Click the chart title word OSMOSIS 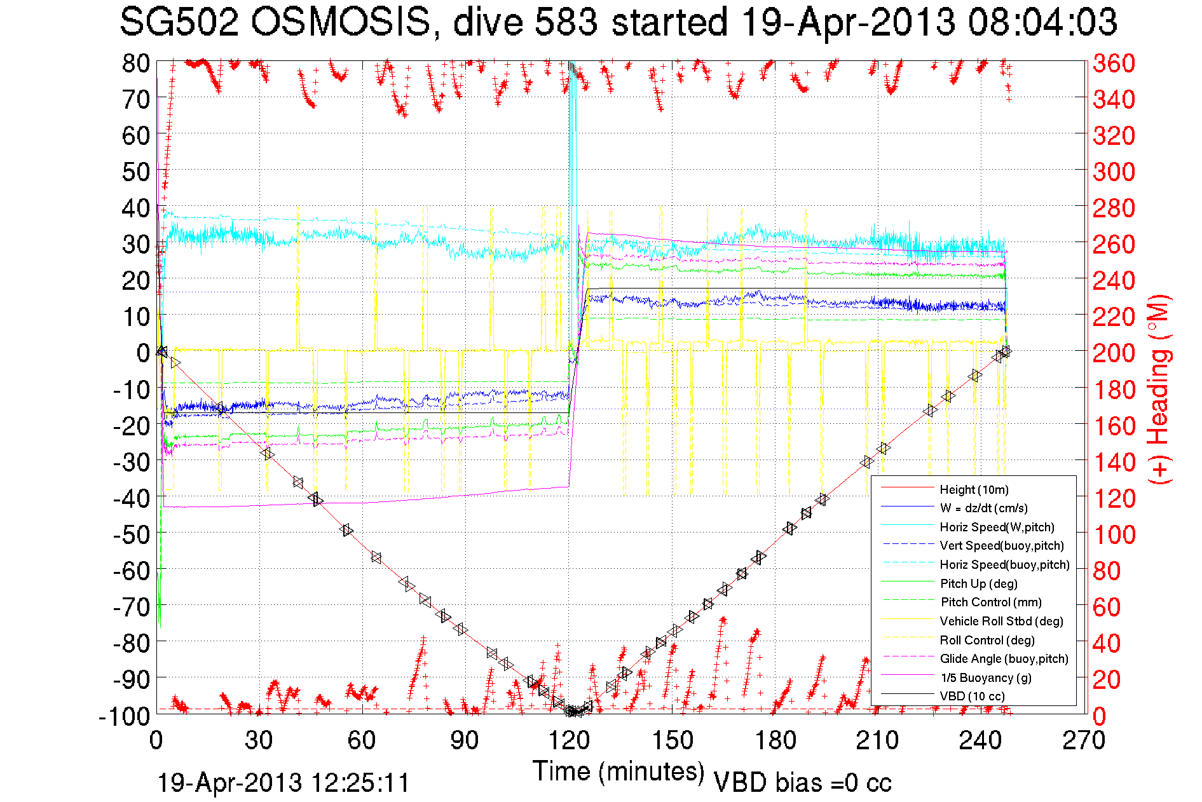(x=342, y=23)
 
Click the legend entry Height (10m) (x=974, y=489)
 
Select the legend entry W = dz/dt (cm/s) (x=983, y=508)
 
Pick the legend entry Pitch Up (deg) (x=978, y=583)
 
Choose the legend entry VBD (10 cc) (x=972, y=696)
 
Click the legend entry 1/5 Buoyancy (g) (x=985, y=677)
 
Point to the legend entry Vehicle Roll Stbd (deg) (x=1001, y=621)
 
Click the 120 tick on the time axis (x=569, y=740)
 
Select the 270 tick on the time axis (x=1084, y=740)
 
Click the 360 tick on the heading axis (x=1114, y=63)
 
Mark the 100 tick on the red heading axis (x=1114, y=534)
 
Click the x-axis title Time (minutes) (x=618, y=771)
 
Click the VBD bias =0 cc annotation (x=802, y=783)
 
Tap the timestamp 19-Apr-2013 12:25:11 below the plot (x=283, y=783)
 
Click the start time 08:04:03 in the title (x=1042, y=23)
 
